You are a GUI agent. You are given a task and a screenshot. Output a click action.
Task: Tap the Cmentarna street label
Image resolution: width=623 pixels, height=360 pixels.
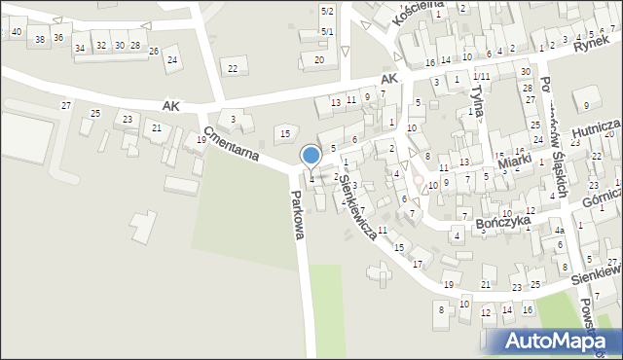point(238,147)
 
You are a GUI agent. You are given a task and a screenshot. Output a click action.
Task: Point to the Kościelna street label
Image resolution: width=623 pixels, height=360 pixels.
point(395,13)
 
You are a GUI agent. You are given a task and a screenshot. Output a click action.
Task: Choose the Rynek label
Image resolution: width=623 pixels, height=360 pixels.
point(591,43)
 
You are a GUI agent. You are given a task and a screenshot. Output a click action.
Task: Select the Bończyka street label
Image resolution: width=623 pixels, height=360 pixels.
point(503,223)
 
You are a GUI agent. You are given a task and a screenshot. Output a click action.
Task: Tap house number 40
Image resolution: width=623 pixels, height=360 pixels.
point(18,32)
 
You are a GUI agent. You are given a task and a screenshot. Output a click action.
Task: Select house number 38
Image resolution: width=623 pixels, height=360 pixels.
point(39,39)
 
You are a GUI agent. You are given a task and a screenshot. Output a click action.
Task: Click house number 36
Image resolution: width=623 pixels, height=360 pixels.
point(58,37)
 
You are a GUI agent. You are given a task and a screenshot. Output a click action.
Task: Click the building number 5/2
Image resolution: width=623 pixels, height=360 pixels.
point(328,11)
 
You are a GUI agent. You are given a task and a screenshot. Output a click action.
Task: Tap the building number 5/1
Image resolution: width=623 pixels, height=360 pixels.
point(328,32)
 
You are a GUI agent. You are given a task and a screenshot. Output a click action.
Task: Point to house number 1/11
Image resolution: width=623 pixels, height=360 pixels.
point(481,76)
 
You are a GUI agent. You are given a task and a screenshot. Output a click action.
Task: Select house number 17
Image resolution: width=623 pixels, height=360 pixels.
point(418,264)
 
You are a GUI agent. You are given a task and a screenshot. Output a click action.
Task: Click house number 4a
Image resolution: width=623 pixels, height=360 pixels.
point(559,231)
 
